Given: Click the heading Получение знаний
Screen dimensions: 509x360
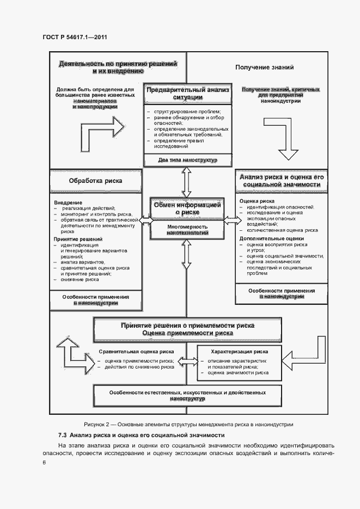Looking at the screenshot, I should click(x=265, y=68).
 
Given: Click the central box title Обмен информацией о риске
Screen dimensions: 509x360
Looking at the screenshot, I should click(x=187, y=209).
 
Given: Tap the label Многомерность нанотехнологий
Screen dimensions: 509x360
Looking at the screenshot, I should click(x=187, y=230).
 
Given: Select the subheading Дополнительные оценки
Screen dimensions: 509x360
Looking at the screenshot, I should click(x=272, y=238).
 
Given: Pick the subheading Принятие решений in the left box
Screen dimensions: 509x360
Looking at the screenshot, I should click(x=78, y=239).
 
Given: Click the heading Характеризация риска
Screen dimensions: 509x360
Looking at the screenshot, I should click(x=239, y=352).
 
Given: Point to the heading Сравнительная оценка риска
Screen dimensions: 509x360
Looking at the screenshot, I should click(x=136, y=352).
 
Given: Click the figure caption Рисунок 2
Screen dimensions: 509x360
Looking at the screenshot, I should click(x=188, y=424).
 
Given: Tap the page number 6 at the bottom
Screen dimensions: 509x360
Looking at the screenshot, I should click(x=45, y=463).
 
